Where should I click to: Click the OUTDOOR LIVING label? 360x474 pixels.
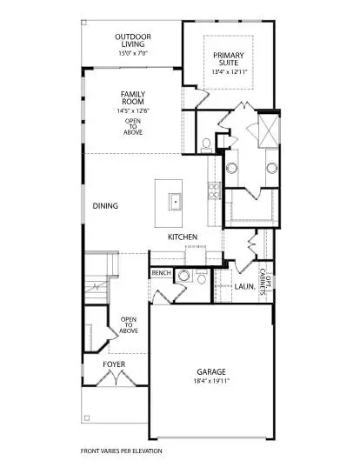133,41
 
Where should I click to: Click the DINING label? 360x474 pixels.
105,205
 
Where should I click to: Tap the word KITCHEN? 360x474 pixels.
183,237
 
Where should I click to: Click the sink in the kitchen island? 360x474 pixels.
175,200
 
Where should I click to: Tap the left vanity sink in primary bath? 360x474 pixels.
233,169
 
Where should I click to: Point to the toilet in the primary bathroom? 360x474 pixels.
205,144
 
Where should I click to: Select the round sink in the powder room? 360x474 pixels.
183,278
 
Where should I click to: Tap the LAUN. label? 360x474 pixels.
244,285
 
